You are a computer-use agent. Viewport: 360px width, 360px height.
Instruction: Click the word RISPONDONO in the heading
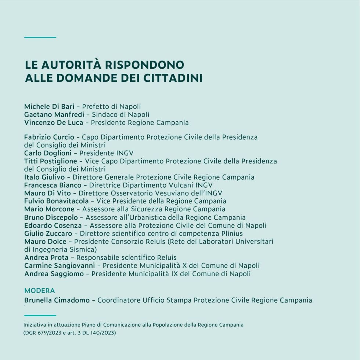(145, 65)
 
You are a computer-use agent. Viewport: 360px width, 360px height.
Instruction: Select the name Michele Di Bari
(49, 107)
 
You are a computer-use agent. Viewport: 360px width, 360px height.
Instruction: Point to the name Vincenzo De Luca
(54, 123)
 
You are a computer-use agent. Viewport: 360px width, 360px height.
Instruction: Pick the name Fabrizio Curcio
(49, 137)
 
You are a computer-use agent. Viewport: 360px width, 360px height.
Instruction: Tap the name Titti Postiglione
(51, 161)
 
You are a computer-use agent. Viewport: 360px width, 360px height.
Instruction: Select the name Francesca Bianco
(53, 186)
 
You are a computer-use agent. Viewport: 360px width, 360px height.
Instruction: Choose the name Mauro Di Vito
(47, 193)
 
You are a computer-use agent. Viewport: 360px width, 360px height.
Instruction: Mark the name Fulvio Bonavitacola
(57, 201)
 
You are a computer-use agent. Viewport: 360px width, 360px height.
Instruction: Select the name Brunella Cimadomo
(57, 300)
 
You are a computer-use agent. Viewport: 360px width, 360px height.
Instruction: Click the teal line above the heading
(40, 37)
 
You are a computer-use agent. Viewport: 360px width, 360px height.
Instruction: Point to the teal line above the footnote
(40, 315)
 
